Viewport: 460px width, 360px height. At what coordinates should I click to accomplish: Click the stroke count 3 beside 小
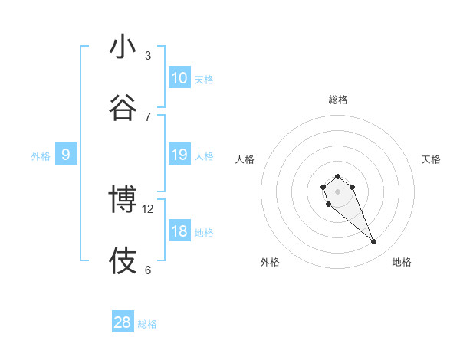[148, 56]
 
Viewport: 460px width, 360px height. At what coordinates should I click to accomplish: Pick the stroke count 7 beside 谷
[148, 116]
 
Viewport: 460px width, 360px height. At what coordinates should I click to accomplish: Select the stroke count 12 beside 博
[149, 208]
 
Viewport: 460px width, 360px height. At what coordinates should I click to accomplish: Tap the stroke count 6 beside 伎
[148, 270]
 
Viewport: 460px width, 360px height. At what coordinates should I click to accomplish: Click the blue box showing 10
[179, 78]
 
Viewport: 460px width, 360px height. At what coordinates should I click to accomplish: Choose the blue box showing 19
[179, 155]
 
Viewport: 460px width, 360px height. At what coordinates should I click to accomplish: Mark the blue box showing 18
[179, 231]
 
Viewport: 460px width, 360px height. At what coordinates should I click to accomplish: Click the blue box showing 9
[66, 155]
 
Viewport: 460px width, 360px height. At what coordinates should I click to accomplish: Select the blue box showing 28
[123, 322]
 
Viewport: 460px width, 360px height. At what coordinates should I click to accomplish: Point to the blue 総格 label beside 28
[147, 324]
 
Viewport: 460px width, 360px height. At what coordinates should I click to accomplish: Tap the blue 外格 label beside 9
[41, 156]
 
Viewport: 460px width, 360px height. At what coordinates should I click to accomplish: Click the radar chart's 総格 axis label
[338, 100]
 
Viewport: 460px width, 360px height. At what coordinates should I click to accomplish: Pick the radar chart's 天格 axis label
[432, 159]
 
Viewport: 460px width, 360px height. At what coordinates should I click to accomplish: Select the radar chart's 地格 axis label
[402, 262]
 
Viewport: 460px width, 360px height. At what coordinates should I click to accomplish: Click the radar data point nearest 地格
[374, 242]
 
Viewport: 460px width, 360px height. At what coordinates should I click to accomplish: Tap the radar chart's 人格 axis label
[245, 159]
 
